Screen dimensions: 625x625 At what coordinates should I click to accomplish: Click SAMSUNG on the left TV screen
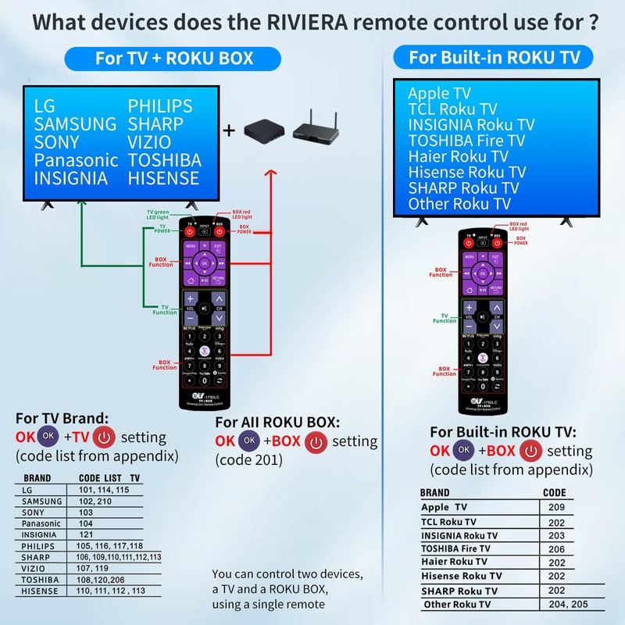point(75,123)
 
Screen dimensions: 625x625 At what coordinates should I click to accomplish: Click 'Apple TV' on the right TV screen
point(439,94)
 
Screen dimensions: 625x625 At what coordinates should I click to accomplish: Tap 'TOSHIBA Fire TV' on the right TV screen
point(466,141)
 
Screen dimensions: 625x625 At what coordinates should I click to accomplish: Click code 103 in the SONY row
point(86,512)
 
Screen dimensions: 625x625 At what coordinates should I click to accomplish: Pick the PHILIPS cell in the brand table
point(38,545)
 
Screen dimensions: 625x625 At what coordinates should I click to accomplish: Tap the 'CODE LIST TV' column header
point(109,478)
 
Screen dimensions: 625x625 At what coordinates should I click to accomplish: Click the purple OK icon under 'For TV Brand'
point(49,436)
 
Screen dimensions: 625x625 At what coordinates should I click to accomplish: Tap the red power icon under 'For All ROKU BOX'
point(316,441)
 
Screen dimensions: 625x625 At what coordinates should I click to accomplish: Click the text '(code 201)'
point(248,460)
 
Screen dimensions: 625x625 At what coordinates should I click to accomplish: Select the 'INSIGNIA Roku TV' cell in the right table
point(459,536)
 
